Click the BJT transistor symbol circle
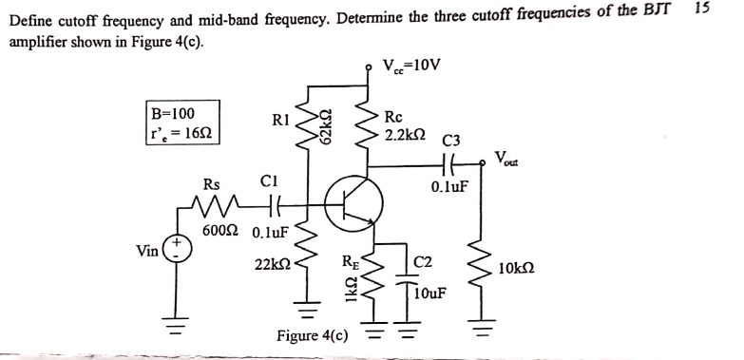[353, 200]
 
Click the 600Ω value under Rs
[219, 231]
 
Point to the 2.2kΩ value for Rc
[405, 136]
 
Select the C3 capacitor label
[450, 142]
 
